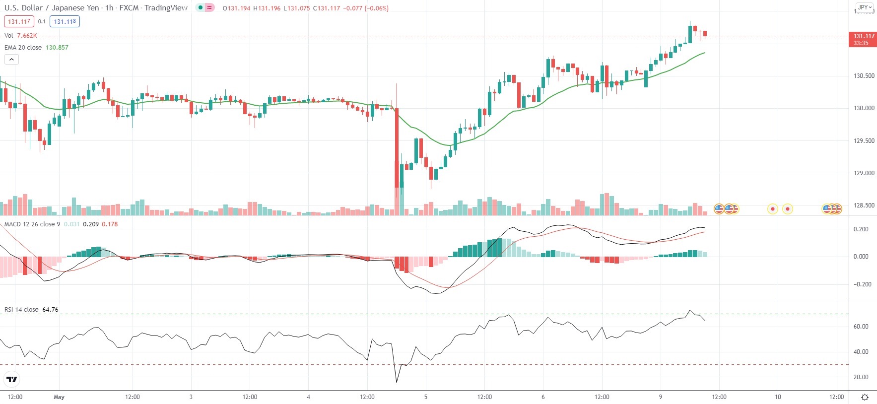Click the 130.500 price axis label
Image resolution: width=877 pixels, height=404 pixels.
(864, 76)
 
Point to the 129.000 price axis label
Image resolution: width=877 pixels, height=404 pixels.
(864, 173)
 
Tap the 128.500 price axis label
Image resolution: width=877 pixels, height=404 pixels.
(864, 205)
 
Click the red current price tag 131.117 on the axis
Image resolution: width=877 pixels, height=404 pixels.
(864, 36)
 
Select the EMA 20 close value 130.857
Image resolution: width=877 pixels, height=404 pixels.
(57, 48)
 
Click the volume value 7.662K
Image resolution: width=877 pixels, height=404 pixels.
(27, 36)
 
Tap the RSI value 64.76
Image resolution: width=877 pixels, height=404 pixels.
(50, 310)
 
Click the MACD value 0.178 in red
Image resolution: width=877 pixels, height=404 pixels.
(110, 224)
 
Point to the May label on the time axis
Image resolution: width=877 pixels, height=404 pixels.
(59, 397)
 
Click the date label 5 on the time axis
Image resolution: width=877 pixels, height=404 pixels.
(426, 397)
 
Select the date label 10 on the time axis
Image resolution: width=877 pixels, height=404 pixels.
(778, 397)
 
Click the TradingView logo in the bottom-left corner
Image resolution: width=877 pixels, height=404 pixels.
(12, 380)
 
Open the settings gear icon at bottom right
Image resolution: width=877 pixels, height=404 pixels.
(865, 397)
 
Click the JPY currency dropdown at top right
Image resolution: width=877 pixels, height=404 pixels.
(865, 7)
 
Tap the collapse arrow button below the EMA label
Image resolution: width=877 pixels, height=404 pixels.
(12, 60)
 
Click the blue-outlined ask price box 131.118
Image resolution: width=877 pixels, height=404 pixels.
(65, 22)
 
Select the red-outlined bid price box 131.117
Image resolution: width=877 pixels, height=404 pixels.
(19, 22)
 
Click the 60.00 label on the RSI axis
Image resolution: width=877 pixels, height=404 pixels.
(861, 327)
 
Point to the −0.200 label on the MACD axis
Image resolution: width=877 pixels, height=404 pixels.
(861, 284)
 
